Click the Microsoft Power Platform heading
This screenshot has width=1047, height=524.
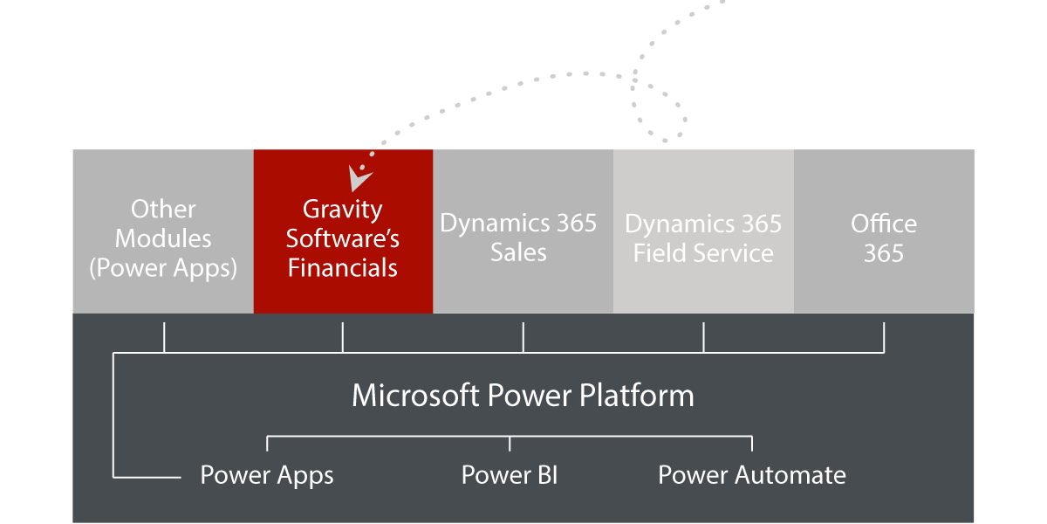pos(523,396)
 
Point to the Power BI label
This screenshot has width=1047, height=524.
pos(510,475)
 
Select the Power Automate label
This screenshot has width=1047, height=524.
pos(751,475)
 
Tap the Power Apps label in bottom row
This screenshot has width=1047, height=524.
pos(267,475)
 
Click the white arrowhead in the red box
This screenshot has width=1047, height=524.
pos(359,177)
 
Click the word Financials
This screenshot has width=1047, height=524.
pos(343,267)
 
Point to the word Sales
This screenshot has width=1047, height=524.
pos(518,253)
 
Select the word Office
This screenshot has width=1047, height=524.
pos(884,224)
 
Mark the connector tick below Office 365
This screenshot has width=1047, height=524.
pos(884,337)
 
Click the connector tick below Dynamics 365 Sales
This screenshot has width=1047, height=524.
pos(523,337)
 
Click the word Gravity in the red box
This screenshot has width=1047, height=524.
pos(342,210)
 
